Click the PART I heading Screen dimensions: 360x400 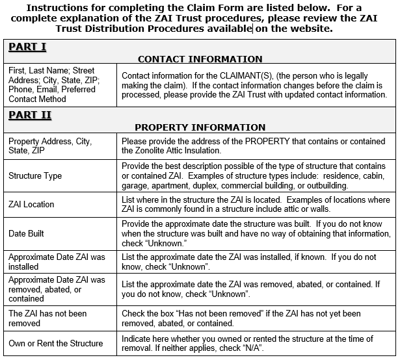[x=27, y=47]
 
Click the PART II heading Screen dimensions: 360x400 [x=30, y=115]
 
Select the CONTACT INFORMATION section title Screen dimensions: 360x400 [x=200, y=59]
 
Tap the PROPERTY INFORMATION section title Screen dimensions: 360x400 [x=200, y=127]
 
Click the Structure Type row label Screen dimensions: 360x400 [x=35, y=175]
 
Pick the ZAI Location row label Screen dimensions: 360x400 [x=31, y=204]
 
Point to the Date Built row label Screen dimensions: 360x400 [x=27, y=233]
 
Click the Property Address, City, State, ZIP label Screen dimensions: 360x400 [x=50, y=146]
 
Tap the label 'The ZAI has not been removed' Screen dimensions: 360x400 [x=47, y=318]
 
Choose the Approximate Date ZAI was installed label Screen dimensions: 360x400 [x=57, y=262]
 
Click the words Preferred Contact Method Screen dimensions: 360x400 [x=51, y=94]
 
